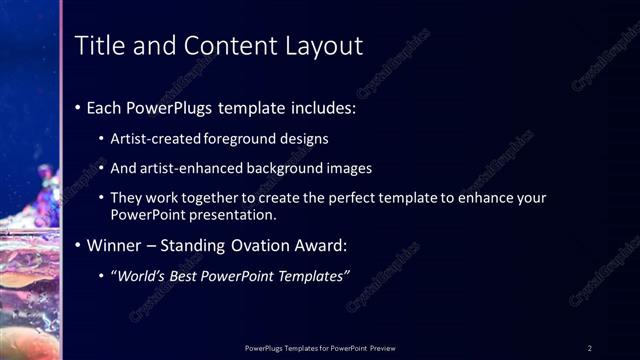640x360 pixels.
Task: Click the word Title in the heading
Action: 99,46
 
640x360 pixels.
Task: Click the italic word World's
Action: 138,276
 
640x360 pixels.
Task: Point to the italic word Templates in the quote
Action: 313,276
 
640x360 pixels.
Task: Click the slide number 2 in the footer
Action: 590,348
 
